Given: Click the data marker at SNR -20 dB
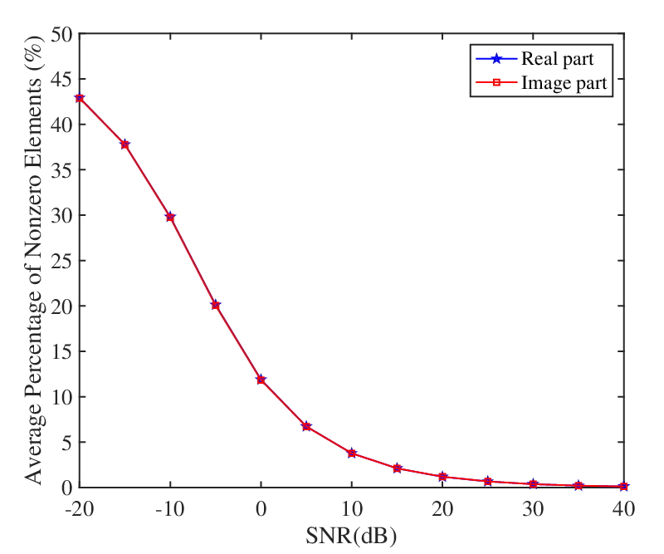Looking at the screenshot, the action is tap(80, 98).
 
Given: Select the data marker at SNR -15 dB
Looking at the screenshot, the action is tap(125, 145).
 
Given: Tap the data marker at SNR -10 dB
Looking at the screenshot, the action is tap(170, 217).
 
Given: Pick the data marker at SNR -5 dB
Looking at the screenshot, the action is tap(216, 305).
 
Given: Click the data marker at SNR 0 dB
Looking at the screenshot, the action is tap(261, 380).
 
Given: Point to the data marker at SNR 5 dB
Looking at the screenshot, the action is tap(306, 426).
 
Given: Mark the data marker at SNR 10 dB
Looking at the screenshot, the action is tap(351, 453).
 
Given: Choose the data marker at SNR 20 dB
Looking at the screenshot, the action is tap(442, 477).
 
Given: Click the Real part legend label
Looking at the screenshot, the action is tap(557, 59).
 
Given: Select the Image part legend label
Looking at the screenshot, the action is tap(564, 83).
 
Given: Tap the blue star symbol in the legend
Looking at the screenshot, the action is tap(496, 58).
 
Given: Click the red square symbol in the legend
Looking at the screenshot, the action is tap(496, 82).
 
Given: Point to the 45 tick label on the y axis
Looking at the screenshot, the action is tap(62, 79).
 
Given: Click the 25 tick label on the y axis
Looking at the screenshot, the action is tap(62, 260).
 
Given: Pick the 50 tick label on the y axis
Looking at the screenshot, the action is tap(62, 34).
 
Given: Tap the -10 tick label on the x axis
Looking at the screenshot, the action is tap(170, 508).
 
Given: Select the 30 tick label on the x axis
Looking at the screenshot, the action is tap(533, 508).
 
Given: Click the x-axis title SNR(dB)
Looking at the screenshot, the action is tap(351, 536).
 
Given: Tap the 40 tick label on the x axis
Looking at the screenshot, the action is tap(624, 508).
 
